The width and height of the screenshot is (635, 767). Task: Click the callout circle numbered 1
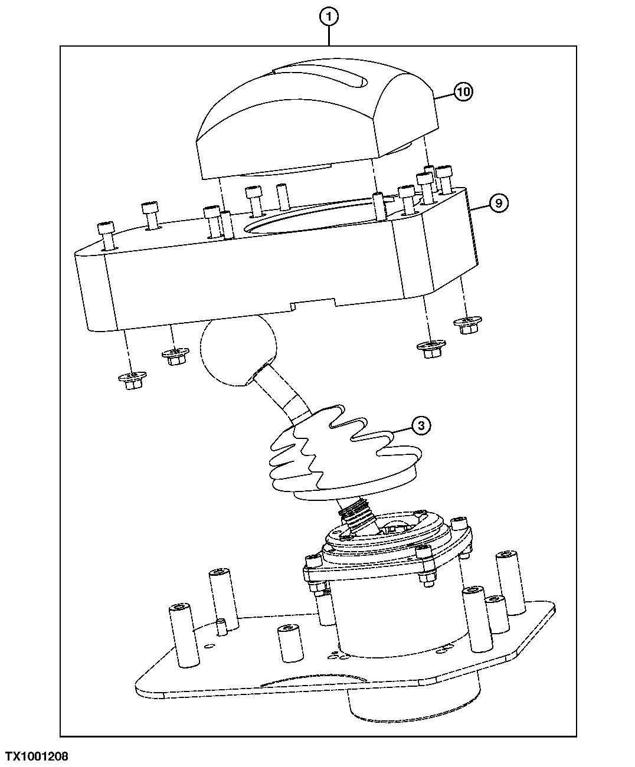(329, 17)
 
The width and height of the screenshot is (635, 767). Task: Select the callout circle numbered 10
(463, 91)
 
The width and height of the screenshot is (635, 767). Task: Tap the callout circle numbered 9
(499, 203)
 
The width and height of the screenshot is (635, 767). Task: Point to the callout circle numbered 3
(421, 425)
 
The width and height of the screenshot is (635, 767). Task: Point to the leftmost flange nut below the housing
(132, 380)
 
